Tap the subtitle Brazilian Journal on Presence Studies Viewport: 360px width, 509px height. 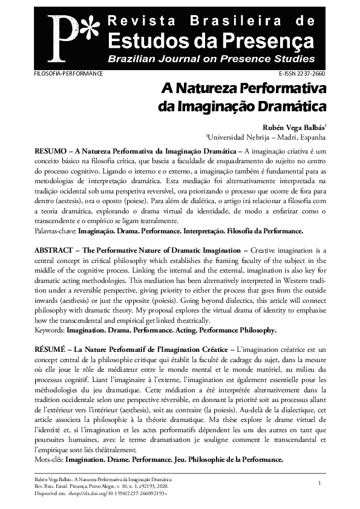click(211, 59)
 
